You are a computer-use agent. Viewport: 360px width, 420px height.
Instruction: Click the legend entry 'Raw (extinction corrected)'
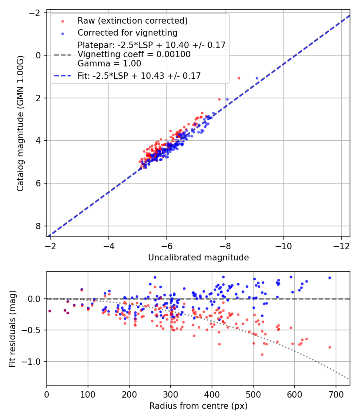point(132,20)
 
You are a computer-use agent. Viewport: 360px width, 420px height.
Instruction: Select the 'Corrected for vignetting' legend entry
point(127,32)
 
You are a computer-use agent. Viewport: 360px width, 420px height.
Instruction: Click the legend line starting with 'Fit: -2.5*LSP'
point(139,75)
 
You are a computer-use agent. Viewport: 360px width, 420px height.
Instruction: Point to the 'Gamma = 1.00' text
point(109,63)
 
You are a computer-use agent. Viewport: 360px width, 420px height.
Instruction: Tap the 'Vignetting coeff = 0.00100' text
point(134,54)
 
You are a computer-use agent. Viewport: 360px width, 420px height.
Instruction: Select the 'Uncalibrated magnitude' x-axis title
point(198,258)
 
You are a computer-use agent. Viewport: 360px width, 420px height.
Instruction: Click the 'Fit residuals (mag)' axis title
point(12,328)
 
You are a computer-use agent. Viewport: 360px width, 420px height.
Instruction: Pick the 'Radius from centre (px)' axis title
point(198,406)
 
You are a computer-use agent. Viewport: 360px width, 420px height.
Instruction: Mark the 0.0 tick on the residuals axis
point(36,299)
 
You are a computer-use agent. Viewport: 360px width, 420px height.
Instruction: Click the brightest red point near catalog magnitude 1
point(239,78)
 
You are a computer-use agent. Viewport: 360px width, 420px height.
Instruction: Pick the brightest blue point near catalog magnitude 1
point(257,78)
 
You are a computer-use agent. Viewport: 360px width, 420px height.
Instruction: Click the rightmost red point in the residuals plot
point(330,347)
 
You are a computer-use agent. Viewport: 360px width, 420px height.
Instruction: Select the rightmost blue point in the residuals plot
point(330,278)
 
